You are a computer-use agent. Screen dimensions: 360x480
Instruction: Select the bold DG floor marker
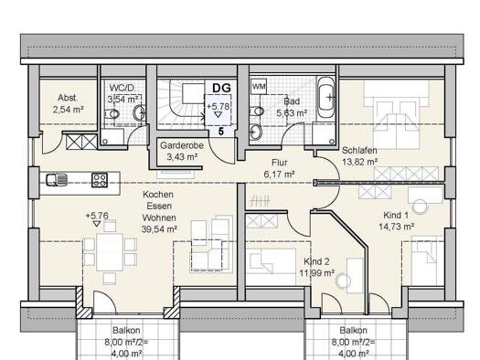point(220,88)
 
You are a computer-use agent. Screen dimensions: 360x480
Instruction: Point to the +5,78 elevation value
point(219,107)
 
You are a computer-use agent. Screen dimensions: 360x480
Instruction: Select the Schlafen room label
point(360,152)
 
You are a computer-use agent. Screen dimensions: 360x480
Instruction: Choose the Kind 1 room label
point(397,215)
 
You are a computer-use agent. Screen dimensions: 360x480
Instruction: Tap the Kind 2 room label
point(317,261)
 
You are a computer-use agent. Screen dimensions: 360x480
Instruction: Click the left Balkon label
point(127,331)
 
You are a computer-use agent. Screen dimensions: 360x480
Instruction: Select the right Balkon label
point(353,331)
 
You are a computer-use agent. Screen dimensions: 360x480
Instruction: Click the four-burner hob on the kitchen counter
point(100,180)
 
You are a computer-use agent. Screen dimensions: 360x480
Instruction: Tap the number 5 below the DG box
point(220,132)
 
